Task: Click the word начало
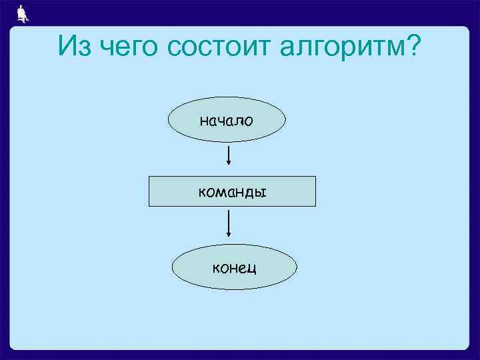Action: [x=227, y=121]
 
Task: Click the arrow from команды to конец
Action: [x=229, y=223]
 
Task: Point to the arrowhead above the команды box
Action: [x=229, y=164]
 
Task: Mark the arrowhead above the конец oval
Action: [x=229, y=234]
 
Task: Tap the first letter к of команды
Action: [x=202, y=193]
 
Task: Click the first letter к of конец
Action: [x=216, y=269]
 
